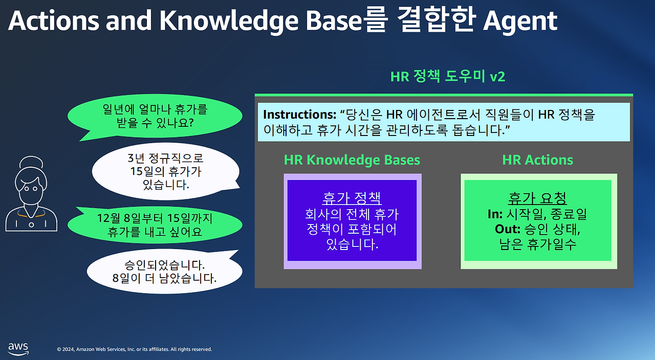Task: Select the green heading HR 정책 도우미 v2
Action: pyautogui.click(x=447, y=77)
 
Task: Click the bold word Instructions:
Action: pyautogui.click(x=300, y=115)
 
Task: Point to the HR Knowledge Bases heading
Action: pyautogui.click(x=352, y=160)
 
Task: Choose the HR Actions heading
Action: pyautogui.click(x=537, y=160)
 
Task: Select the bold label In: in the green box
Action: pyautogui.click(x=495, y=214)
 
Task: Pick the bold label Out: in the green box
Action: pyautogui.click(x=507, y=230)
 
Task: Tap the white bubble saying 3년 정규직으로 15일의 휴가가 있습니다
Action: pyautogui.click(x=166, y=171)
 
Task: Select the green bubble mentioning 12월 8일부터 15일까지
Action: pyautogui.click(x=155, y=224)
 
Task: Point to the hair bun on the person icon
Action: pyautogui.click(x=31, y=162)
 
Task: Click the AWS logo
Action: pyautogui.click(x=18, y=349)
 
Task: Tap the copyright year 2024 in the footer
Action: pyautogui.click(x=68, y=349)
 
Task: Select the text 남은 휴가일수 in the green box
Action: pyautogui.click(x=537, y=244)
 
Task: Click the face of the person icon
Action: pyautogui.click(x=31, y=190)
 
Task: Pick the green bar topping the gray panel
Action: pyautogui.click(x=444, y=95)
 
